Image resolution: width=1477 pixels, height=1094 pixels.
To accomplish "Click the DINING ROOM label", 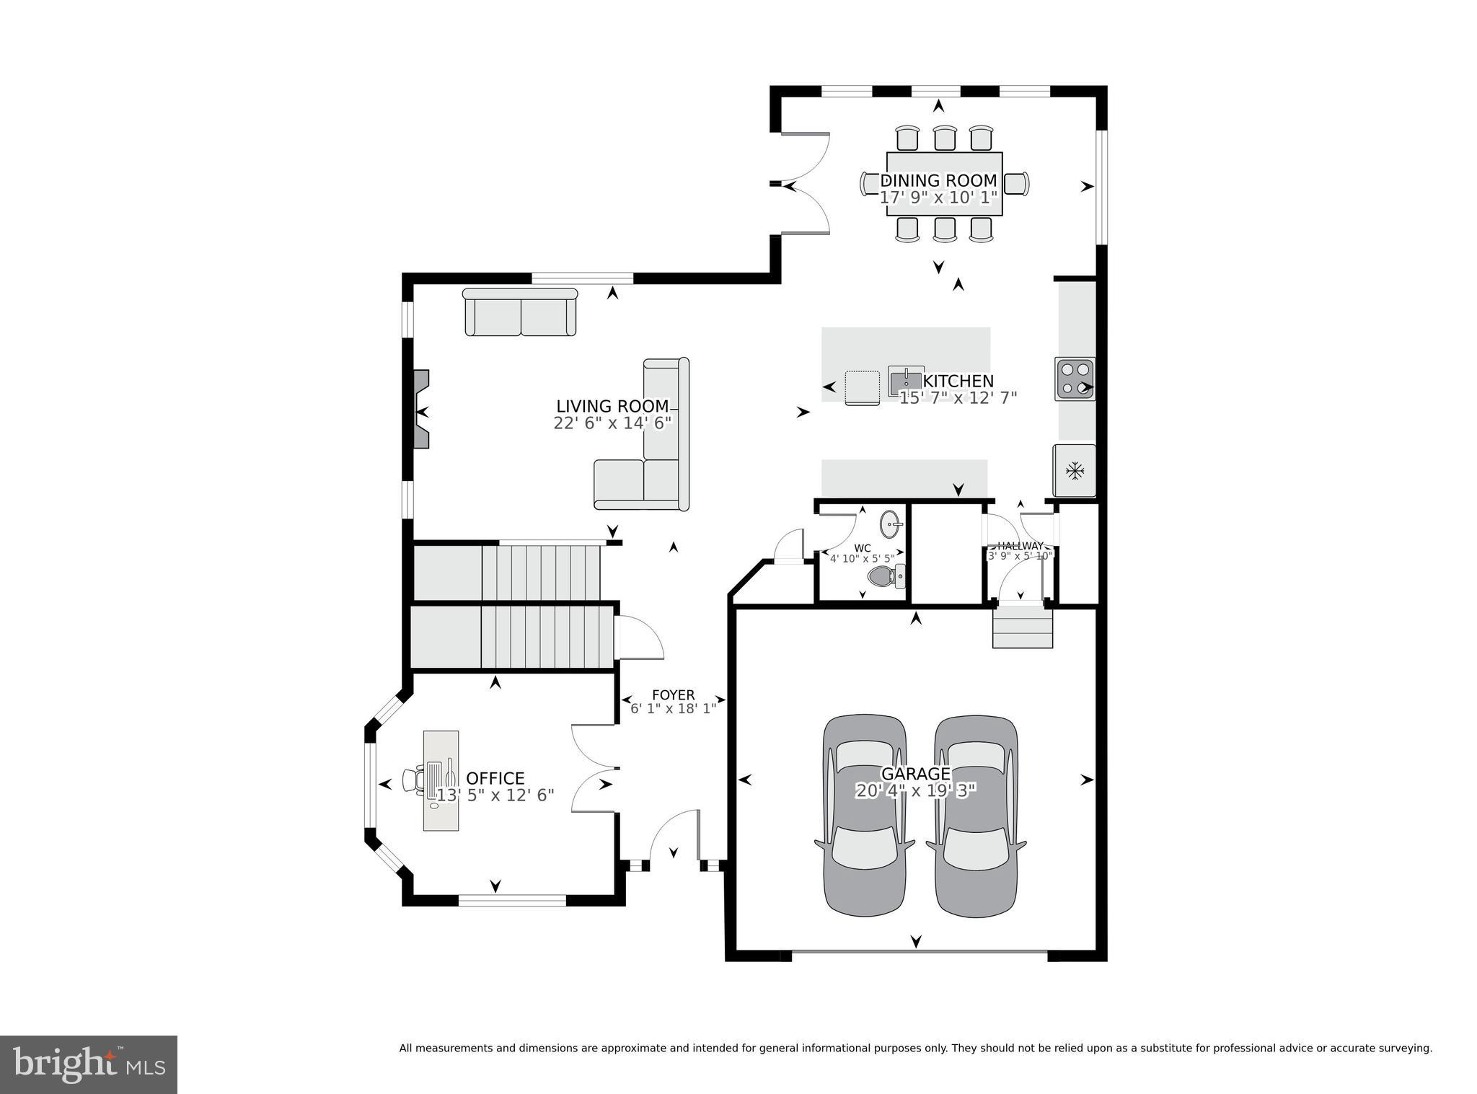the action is pos(938,180).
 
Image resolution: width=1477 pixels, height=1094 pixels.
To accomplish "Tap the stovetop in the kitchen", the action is pos(1075,379).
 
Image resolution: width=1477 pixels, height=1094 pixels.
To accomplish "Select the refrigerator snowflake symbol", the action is pos(1075,472).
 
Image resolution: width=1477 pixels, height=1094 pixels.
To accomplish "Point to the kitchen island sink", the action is pos(906,381).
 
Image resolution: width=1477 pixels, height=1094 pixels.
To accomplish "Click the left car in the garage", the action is pos(865,816).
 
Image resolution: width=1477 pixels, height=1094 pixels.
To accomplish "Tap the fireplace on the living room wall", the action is pos(420,409).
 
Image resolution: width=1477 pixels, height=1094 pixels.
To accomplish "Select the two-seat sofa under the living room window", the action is pos(520,312).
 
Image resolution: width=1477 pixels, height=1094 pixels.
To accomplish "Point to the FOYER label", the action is pos(673,695).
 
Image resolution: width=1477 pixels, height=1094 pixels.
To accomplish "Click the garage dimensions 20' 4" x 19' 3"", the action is pos(916,791).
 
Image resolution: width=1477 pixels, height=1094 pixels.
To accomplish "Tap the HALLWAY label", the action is pos(1020,546).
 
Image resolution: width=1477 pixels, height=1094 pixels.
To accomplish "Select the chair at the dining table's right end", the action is pos(1015,183).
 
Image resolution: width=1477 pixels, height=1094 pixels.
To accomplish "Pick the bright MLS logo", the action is pos(89,1065).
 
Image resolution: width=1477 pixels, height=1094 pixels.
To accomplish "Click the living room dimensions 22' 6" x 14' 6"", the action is pos(612,423).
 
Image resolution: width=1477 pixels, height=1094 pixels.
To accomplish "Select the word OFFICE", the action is pos(495,779).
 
